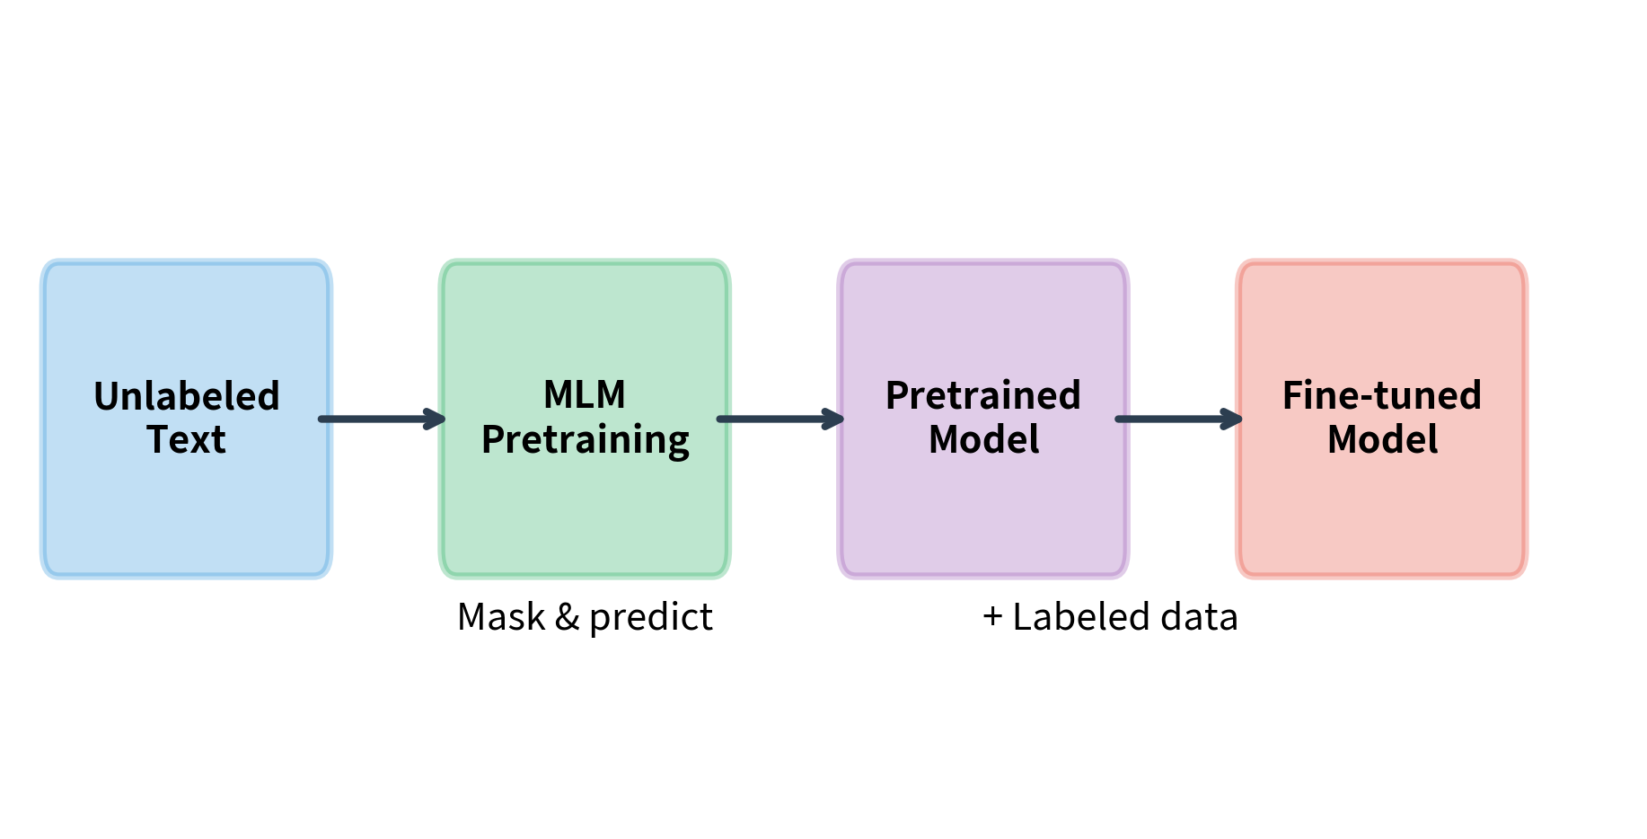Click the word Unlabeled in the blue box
click(187, 396)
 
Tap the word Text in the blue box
click(186, 439)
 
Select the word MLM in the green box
click(585, 394)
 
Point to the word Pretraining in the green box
click(585, 440)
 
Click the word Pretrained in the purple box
click(983, 395)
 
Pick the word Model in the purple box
click(983, 439)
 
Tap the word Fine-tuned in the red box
click(1381, 395)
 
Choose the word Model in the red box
click(1382, 439)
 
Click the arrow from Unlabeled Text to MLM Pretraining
click(381, 419)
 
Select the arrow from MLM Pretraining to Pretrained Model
click(779, 419)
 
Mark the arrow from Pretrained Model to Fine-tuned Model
click(1178, 419)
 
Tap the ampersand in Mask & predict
click(567, 617)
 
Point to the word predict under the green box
click(650, 618)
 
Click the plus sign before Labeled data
click(992, 617)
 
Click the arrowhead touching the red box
click(1233, 419)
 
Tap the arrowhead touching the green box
click(436, 419)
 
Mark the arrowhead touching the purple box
click(834, 419)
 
